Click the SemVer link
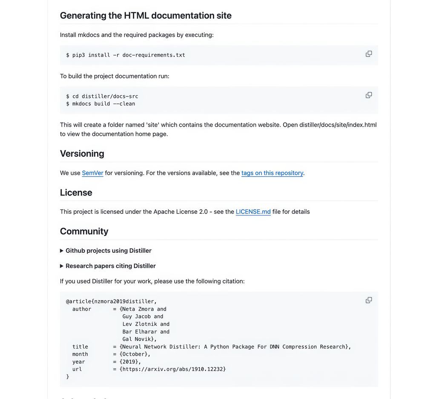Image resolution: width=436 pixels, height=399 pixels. point(92,173)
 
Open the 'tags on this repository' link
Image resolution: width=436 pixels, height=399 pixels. point(272,173)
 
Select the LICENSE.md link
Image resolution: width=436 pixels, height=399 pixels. point(253,212)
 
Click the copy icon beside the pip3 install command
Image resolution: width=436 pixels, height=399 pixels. point(369,54)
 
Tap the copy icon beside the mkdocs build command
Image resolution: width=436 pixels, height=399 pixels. point(369,95)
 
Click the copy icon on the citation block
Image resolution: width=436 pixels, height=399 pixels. point(369,300)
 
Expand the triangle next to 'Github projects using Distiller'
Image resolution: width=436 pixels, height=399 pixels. point(62,251)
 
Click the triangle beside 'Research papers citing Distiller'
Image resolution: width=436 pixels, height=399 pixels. point(62,266)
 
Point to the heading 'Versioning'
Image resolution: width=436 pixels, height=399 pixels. point(82,153)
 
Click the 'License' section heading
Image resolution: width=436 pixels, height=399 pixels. point(76,192)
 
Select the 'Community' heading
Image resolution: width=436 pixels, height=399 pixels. point(84,231)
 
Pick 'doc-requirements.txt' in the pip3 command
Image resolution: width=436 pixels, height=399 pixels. point(154,55)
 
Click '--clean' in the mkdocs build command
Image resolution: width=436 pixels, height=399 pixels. point(124,104)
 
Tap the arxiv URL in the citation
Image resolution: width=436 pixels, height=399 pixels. point(172,369)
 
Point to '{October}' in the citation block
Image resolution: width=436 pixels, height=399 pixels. point(135,354)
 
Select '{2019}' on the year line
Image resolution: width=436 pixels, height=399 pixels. point(130,362)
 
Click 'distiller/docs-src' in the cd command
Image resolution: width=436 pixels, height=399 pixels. point(110,96)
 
